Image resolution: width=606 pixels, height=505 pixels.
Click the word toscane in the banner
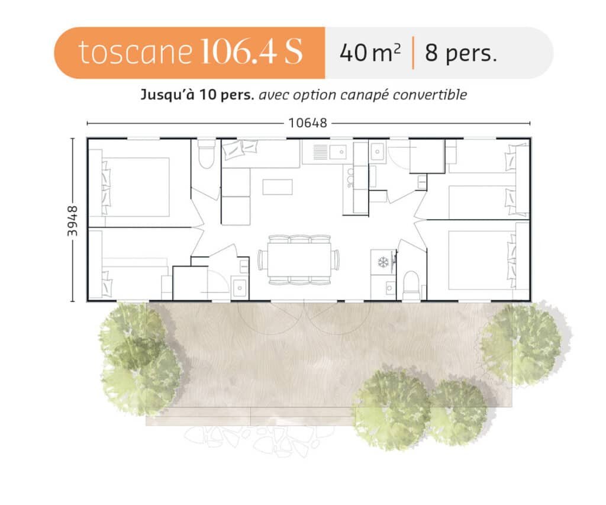click(135, 52)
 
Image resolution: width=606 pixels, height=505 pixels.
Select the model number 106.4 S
click(251, 52)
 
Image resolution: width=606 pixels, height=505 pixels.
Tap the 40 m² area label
click(370, 53)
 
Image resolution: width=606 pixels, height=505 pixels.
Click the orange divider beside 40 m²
click(413, 53)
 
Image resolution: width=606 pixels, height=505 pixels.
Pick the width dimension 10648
click(308, 123)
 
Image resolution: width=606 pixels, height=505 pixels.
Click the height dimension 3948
click(72, 221)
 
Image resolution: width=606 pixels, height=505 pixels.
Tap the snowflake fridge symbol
click(383, 262)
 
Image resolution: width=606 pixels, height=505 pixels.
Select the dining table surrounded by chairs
click(299, 259)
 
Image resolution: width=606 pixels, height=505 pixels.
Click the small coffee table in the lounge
click(278, 187)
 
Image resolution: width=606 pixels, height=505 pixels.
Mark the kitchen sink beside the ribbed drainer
click(338, 152)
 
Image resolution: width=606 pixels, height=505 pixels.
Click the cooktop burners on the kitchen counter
click(350, 178)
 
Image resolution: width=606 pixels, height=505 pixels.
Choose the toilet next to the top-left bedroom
click(206, 155)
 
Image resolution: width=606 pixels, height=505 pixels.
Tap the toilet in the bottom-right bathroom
click(411, 285)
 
